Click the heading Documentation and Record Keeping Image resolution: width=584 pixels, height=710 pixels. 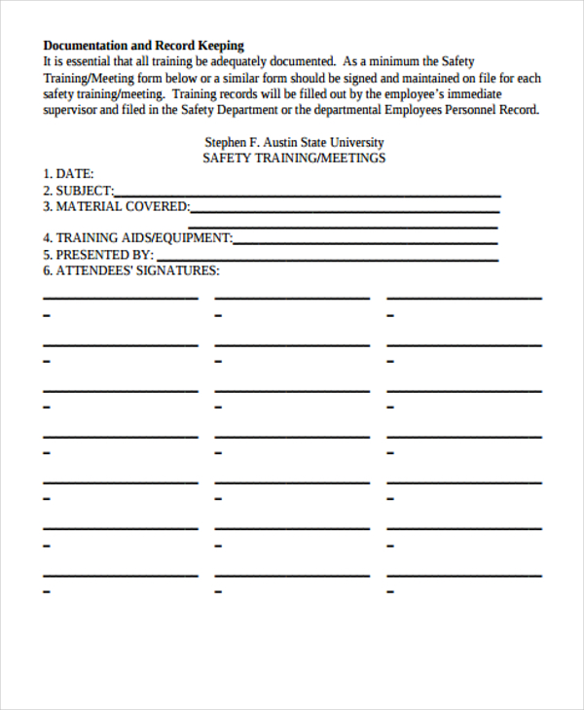[x=143, y=45]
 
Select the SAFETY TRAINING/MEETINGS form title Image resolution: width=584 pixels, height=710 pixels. [x=294, y=158]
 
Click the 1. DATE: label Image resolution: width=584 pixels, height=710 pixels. [x=68, y=174]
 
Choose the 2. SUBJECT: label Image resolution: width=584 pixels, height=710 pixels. [x=78, y=191]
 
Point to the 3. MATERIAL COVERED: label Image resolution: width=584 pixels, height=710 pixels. [x=116, y=206]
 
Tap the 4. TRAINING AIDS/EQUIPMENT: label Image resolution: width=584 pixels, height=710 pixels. [x=137, y=237]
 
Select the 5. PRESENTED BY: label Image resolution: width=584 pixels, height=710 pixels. [x=97, y=254]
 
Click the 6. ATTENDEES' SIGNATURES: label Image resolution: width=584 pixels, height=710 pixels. [x=130, y=270]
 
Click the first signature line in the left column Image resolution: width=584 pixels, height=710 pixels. [x=120, y=297]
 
